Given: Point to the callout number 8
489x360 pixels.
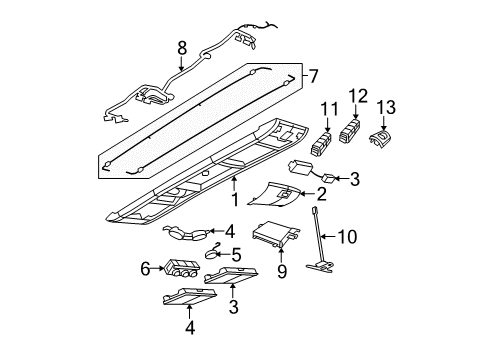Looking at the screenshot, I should (x=181, y=47).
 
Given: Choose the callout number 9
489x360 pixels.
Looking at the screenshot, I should (x=280, y=297).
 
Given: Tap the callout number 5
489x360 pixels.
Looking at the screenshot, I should (x=238, y=255).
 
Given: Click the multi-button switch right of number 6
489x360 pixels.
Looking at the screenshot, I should (x=188, y=270).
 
